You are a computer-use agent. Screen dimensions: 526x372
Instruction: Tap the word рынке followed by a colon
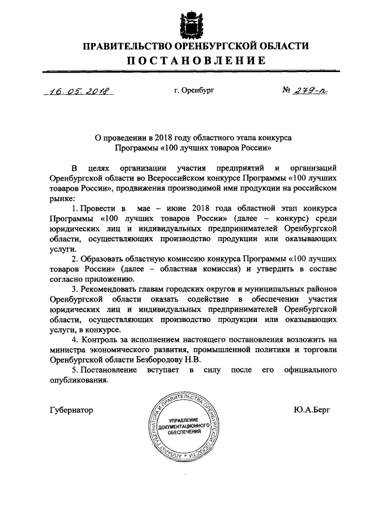coord(61,199)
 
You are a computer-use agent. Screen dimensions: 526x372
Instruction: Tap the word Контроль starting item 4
coord(102,339)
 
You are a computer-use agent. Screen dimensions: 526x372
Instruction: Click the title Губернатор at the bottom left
coord(72,410)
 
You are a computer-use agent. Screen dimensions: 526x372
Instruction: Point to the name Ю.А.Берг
coord(312,410)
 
